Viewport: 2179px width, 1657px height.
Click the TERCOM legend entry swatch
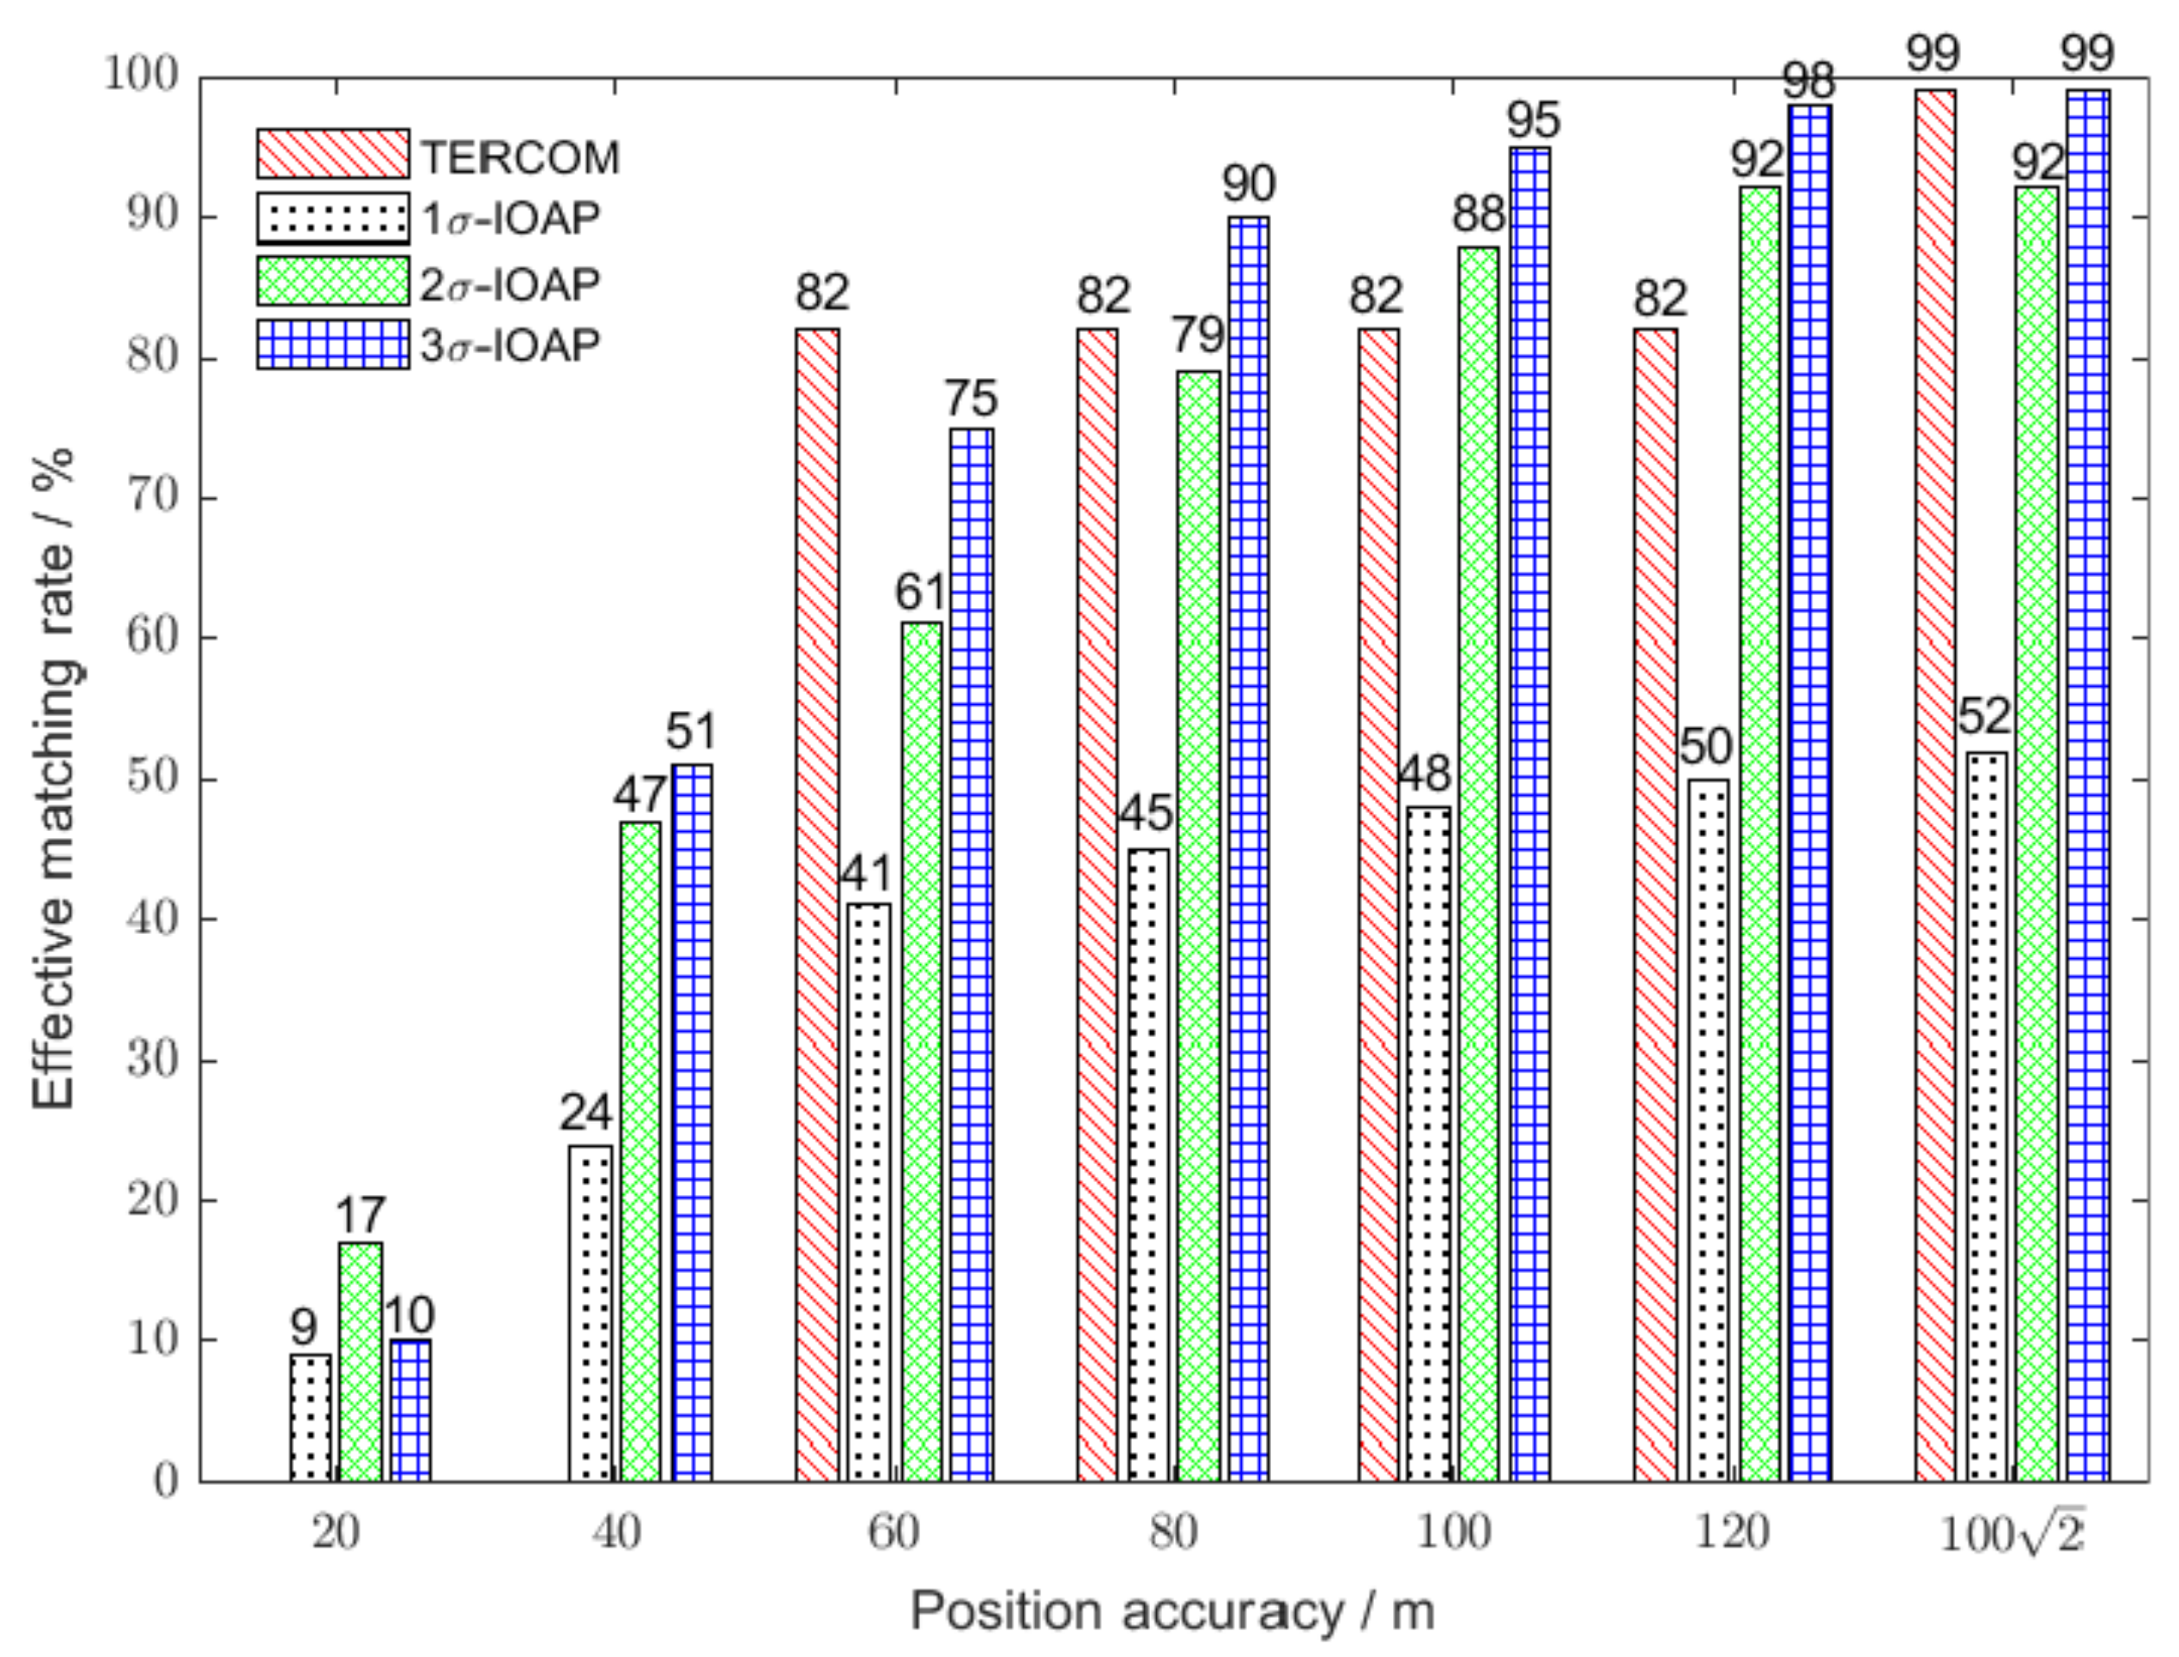332,153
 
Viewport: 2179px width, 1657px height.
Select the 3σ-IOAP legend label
510,345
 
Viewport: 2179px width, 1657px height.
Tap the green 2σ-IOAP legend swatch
332,281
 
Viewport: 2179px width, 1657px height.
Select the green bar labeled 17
360,1361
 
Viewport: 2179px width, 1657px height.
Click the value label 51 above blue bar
690,732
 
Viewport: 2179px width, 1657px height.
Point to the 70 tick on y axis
153,498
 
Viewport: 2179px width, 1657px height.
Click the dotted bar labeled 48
1428,1144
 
